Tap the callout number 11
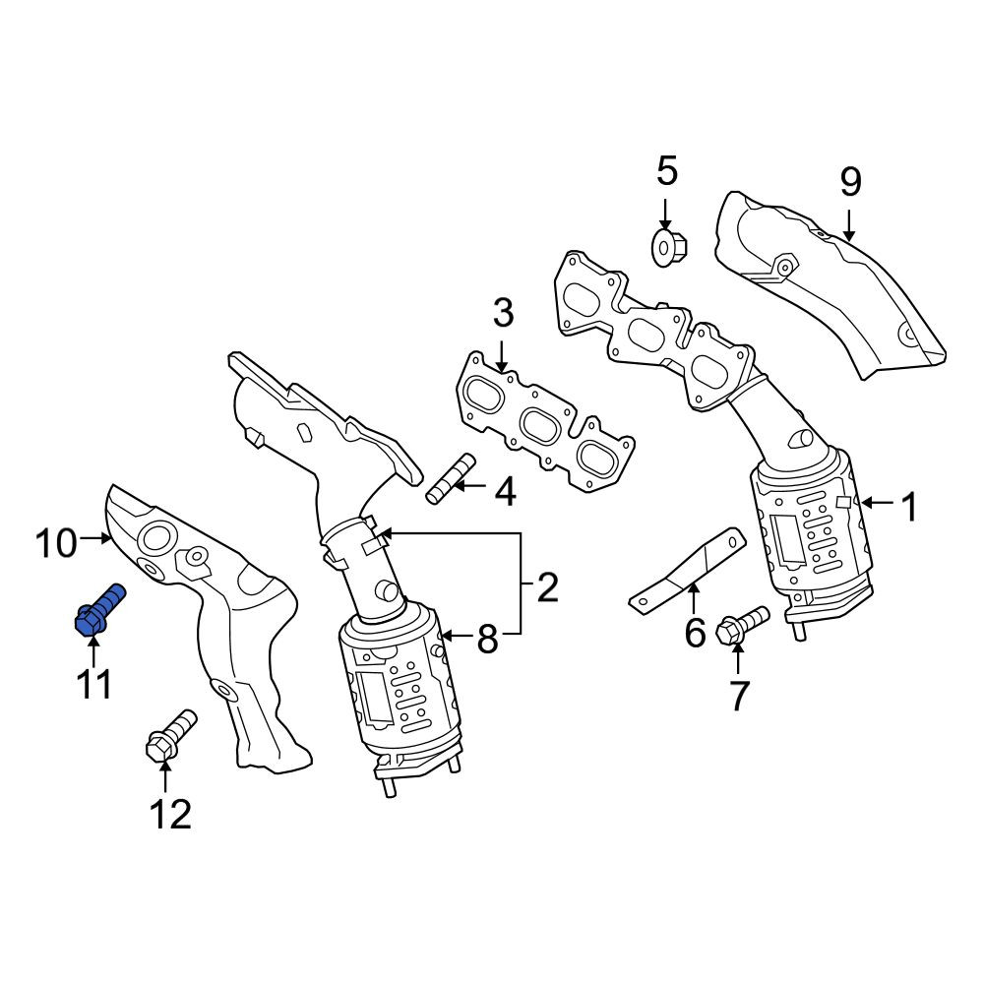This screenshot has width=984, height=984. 94,684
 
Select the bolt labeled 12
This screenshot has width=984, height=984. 170,735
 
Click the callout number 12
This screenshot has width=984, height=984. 170,815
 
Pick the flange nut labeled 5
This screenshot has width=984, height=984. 669,249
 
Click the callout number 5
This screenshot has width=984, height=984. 667,171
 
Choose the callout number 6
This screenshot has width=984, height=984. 695,634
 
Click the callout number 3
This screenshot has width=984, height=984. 503,313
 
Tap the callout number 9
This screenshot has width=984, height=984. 850,182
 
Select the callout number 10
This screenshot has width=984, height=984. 56,543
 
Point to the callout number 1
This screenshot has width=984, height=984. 909,507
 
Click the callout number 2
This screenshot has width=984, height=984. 547,587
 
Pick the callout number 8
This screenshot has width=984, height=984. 488,640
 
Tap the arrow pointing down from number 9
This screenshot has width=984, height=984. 849,226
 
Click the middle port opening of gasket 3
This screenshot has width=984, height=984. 542,427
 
